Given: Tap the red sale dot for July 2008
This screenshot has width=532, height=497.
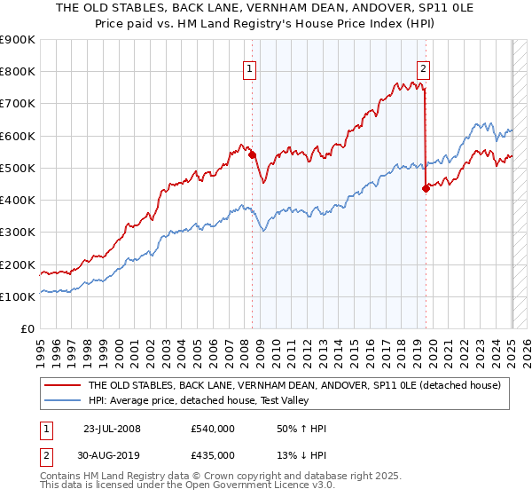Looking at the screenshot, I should pos(253,154).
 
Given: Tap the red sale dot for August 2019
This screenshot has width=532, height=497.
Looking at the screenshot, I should pos(426,187).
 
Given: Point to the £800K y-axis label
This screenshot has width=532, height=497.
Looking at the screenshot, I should pos(18,72).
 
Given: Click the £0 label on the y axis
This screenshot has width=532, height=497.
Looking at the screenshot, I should pos(27,329).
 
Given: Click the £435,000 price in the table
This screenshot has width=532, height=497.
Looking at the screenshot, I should pos(212,455).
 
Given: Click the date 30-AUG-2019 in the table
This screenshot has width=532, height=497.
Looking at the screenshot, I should pos(113,455).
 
